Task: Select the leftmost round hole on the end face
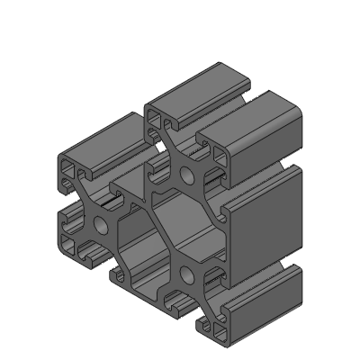pyautogui.click(x=99, y=224)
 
